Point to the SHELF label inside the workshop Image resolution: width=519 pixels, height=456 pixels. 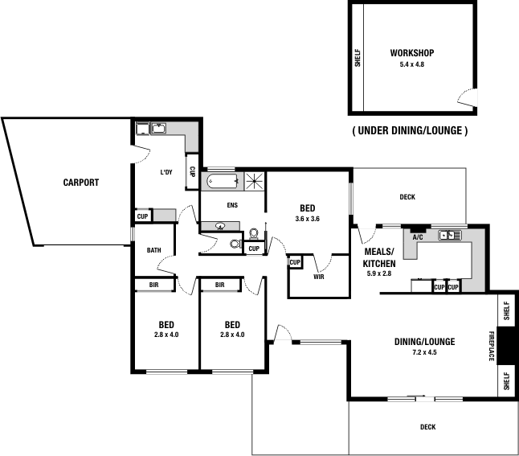pos(358,57)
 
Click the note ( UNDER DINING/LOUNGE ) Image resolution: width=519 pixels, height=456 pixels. pos(410,130)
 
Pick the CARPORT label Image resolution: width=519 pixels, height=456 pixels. pos(80,183)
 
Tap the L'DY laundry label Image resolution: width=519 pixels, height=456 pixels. pos(166,172)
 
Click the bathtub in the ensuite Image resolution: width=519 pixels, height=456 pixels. pos(220,181)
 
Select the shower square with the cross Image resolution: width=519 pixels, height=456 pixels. pos(255,181)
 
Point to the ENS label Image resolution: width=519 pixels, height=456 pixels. pos(232,206)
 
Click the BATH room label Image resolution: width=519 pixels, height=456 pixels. pos(154,250)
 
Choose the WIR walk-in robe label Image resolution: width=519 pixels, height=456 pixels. pos(319,277)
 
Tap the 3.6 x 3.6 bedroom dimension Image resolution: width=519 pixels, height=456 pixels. pos(308,219)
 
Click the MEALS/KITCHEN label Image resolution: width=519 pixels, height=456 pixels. pos(378,258)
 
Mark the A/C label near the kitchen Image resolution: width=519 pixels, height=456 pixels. pos(418,237)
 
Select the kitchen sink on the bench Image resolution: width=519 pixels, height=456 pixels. pos(447,236)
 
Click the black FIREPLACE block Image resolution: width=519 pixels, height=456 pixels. pos(505,346)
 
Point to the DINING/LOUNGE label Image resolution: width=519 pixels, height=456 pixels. pos(424,342)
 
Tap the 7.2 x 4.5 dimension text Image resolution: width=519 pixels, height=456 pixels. pos(424,353)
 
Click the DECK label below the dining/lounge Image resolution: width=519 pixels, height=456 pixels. pos(427,427)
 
